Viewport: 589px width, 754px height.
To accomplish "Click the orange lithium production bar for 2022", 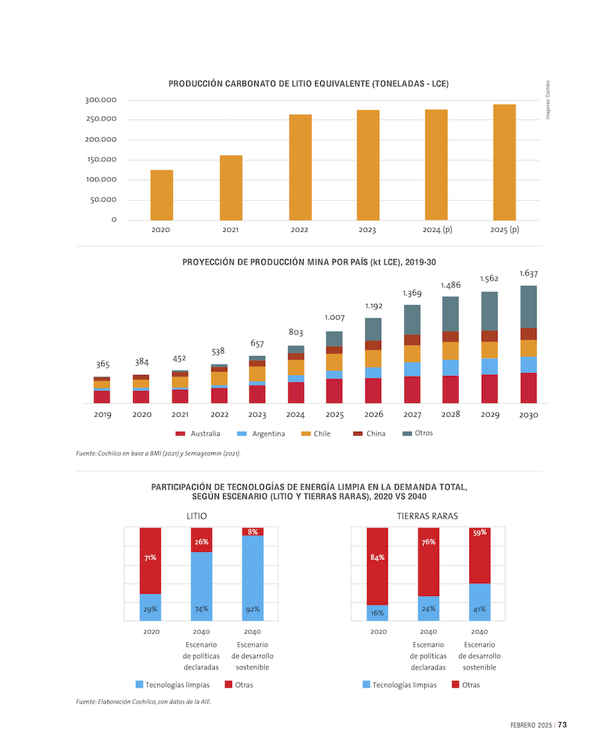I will click(x=300, y=167).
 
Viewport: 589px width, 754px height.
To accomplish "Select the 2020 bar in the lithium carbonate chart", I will click(x=161, y=195).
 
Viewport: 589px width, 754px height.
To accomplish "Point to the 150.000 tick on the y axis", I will click(x=101, y=160).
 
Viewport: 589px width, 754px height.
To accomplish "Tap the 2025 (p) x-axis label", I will click(x=504, y=230).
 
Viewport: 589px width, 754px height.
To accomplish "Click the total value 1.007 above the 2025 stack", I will click(x=335, y=318).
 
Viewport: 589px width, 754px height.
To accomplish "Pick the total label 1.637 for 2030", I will click(x=529, y=273).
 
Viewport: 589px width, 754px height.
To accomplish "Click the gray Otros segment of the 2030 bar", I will click(x=529, y=307).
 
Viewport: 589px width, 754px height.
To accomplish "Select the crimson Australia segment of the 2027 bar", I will click(x=412, y=389).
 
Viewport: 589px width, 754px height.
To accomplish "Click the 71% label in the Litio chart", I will click(x=150, y=557).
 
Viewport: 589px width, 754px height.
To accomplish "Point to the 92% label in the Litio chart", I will click(x=252, y=609).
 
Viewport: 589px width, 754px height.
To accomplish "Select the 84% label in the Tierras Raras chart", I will click(x=378, y=557).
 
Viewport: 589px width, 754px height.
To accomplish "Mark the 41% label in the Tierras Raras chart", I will click(x=480, y=609).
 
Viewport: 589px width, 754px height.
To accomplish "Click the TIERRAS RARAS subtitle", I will click(x=428, y=517).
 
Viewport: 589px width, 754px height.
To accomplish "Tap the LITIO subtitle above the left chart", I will click(x=197, y=517).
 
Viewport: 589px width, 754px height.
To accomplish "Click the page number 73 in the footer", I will click(x=563, y=725).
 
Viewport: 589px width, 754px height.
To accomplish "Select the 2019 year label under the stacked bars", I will click(x=103, y=415).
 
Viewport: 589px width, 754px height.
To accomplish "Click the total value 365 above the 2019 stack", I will click(x=103, y=365).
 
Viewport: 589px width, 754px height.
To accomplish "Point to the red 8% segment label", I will click(x=252, y=532).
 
